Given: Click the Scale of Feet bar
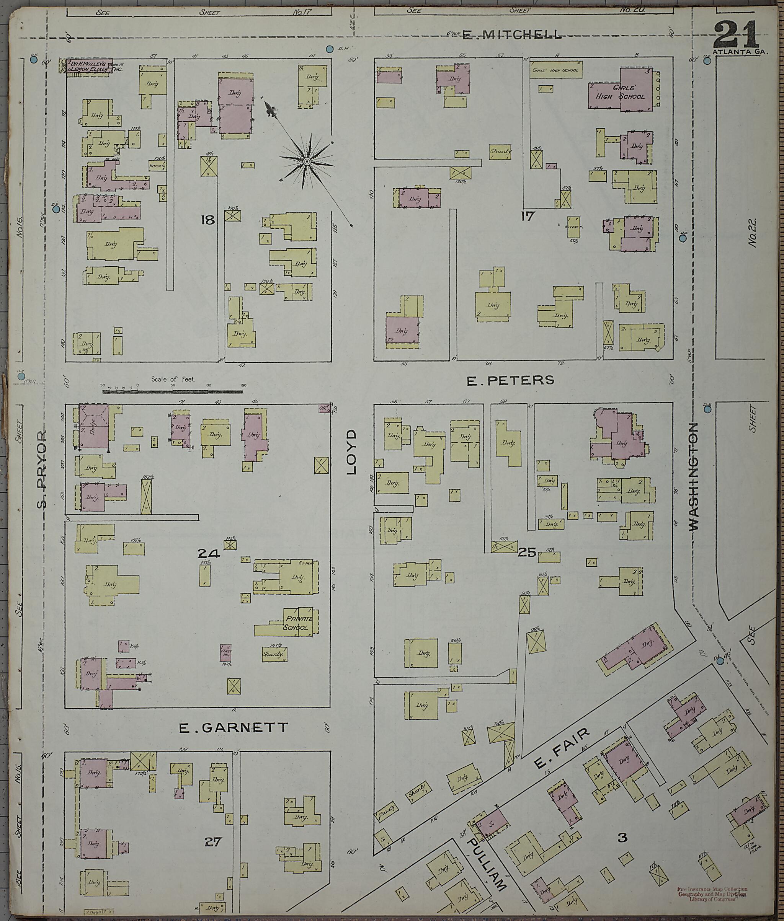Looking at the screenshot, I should (x=172, y=391).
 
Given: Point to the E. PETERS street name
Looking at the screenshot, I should (x=510, y=380).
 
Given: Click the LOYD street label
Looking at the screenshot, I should (x=351, y=452).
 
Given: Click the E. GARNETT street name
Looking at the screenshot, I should (x=234, y=727).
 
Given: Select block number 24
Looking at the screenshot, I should (x=209, y=553).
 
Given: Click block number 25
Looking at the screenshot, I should (x=528, y=552).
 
